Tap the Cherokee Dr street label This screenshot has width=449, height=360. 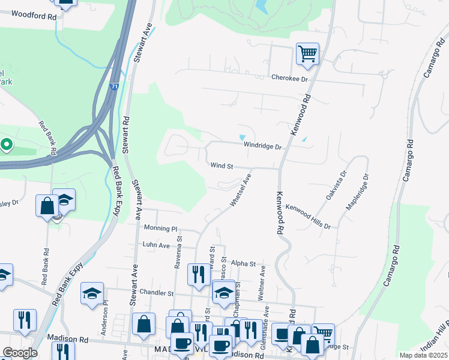(289, 79)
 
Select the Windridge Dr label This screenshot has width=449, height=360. (262, 146)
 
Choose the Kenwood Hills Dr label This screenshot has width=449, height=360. (309, 217)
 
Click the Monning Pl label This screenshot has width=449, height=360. (161, 228)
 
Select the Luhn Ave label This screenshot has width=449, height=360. (157, 245)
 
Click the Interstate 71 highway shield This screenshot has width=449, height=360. (114, 87)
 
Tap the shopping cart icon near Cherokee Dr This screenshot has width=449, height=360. (307, 54)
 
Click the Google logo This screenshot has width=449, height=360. (20, 353)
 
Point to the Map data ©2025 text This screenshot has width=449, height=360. (423, 355)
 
